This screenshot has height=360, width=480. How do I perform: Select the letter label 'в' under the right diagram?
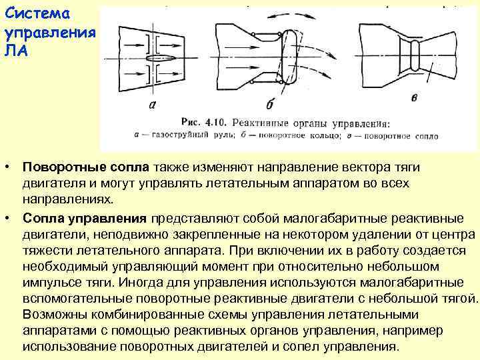click(x=415, y=98)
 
